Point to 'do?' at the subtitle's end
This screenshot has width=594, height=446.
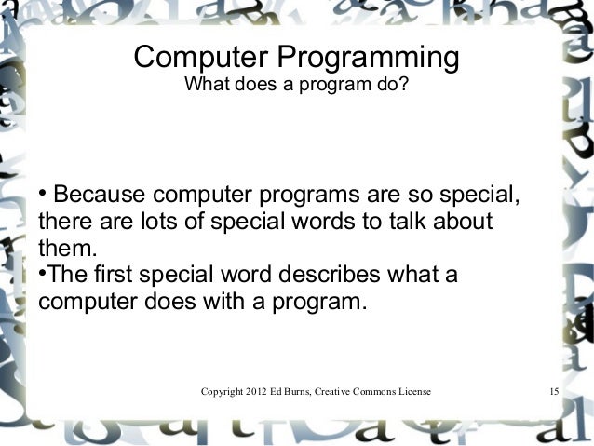[392, 87]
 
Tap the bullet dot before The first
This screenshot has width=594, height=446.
[42, 276]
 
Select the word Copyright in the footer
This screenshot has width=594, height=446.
[223, 391]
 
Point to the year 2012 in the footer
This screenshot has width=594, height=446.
[263, 391]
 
